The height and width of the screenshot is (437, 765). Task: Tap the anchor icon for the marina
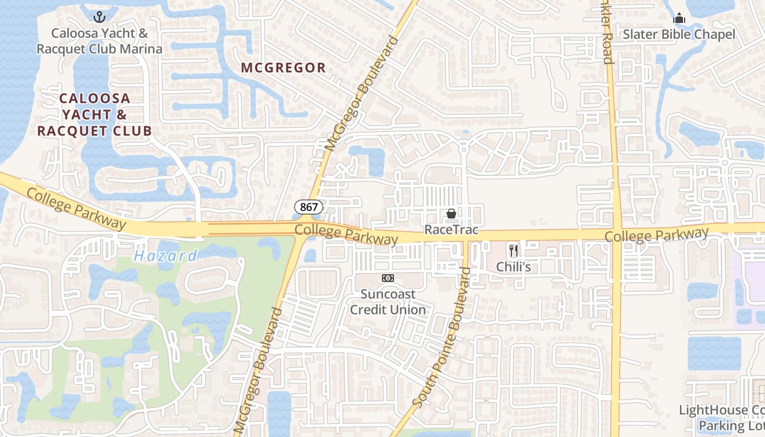(99, 17)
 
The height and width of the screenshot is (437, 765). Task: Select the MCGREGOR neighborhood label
(284, 68)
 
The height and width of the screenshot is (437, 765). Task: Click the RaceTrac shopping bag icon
(451, 214)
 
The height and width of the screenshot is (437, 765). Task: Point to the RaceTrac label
(451, 230)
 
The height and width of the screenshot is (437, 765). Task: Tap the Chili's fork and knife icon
(513, 251)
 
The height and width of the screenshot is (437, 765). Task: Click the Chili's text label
(513, 267)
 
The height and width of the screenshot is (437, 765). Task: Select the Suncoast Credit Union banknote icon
(387, 278)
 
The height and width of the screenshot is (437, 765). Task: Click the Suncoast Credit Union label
(387, 302)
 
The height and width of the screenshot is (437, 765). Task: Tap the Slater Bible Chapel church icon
(679, 19)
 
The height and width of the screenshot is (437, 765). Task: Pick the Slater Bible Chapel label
(679, 34)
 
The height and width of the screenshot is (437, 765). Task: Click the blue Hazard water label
(166, 256)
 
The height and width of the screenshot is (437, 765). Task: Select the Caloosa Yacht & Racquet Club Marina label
(99, 41)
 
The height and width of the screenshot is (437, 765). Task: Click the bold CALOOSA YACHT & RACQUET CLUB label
(94, 115)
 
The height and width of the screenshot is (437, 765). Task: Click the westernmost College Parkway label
(76, 209)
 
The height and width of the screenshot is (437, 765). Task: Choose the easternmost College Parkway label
(656, 235)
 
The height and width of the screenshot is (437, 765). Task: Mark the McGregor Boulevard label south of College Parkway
(257, 371)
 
